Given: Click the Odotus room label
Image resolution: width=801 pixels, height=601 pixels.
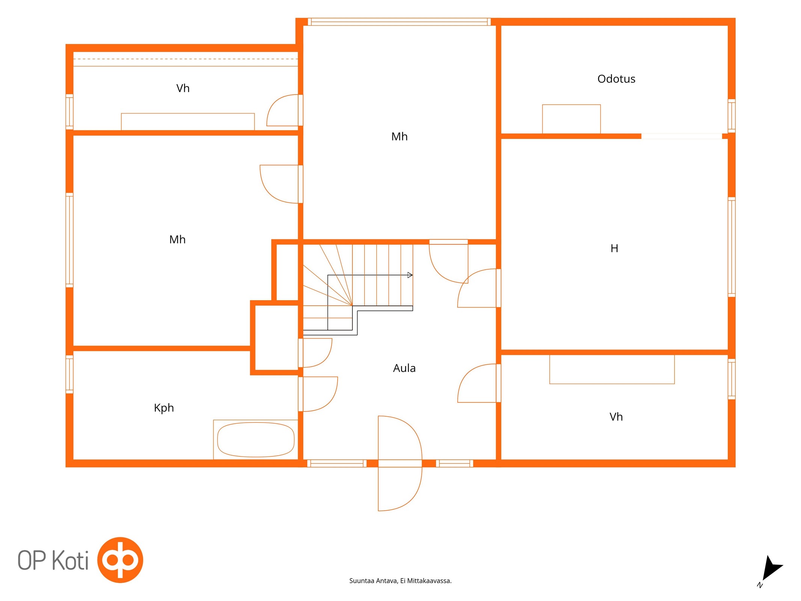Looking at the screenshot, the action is coord(616,79).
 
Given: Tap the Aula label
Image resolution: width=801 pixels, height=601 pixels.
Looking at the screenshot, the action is coord(404,368).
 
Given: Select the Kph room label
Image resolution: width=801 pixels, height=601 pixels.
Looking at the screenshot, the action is coord(164,408).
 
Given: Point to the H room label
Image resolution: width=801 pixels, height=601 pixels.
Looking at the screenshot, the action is coord(614,248).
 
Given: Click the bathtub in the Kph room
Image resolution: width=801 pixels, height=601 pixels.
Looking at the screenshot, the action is coord(256,439).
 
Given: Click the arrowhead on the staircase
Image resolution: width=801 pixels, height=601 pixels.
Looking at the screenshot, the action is coord(410,275).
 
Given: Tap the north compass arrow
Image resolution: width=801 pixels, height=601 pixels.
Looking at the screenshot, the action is coord(772,568).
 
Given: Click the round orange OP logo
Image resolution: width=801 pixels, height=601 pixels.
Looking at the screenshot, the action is coord(120,560).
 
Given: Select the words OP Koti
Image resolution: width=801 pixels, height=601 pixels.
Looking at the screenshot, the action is coord(53,560).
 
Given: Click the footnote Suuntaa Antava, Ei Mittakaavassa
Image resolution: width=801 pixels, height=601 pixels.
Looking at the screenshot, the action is coord(400,581).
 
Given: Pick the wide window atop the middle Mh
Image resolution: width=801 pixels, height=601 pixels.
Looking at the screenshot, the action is coord(399,22).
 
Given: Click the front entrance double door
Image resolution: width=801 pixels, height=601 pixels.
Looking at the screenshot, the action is coord(400,463).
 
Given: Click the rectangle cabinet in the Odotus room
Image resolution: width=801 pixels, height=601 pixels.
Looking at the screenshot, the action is coord(571,119).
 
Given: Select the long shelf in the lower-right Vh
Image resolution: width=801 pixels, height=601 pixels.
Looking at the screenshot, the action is coord(612,369).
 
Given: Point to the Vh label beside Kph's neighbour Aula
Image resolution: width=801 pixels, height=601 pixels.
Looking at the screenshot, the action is coord(616,417).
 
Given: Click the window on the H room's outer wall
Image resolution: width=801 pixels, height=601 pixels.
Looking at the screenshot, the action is coord(732,247).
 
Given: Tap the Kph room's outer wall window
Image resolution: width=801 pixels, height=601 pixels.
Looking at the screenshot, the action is coord(69,374).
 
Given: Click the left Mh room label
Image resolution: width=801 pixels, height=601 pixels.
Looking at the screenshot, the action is coord(177,240).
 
